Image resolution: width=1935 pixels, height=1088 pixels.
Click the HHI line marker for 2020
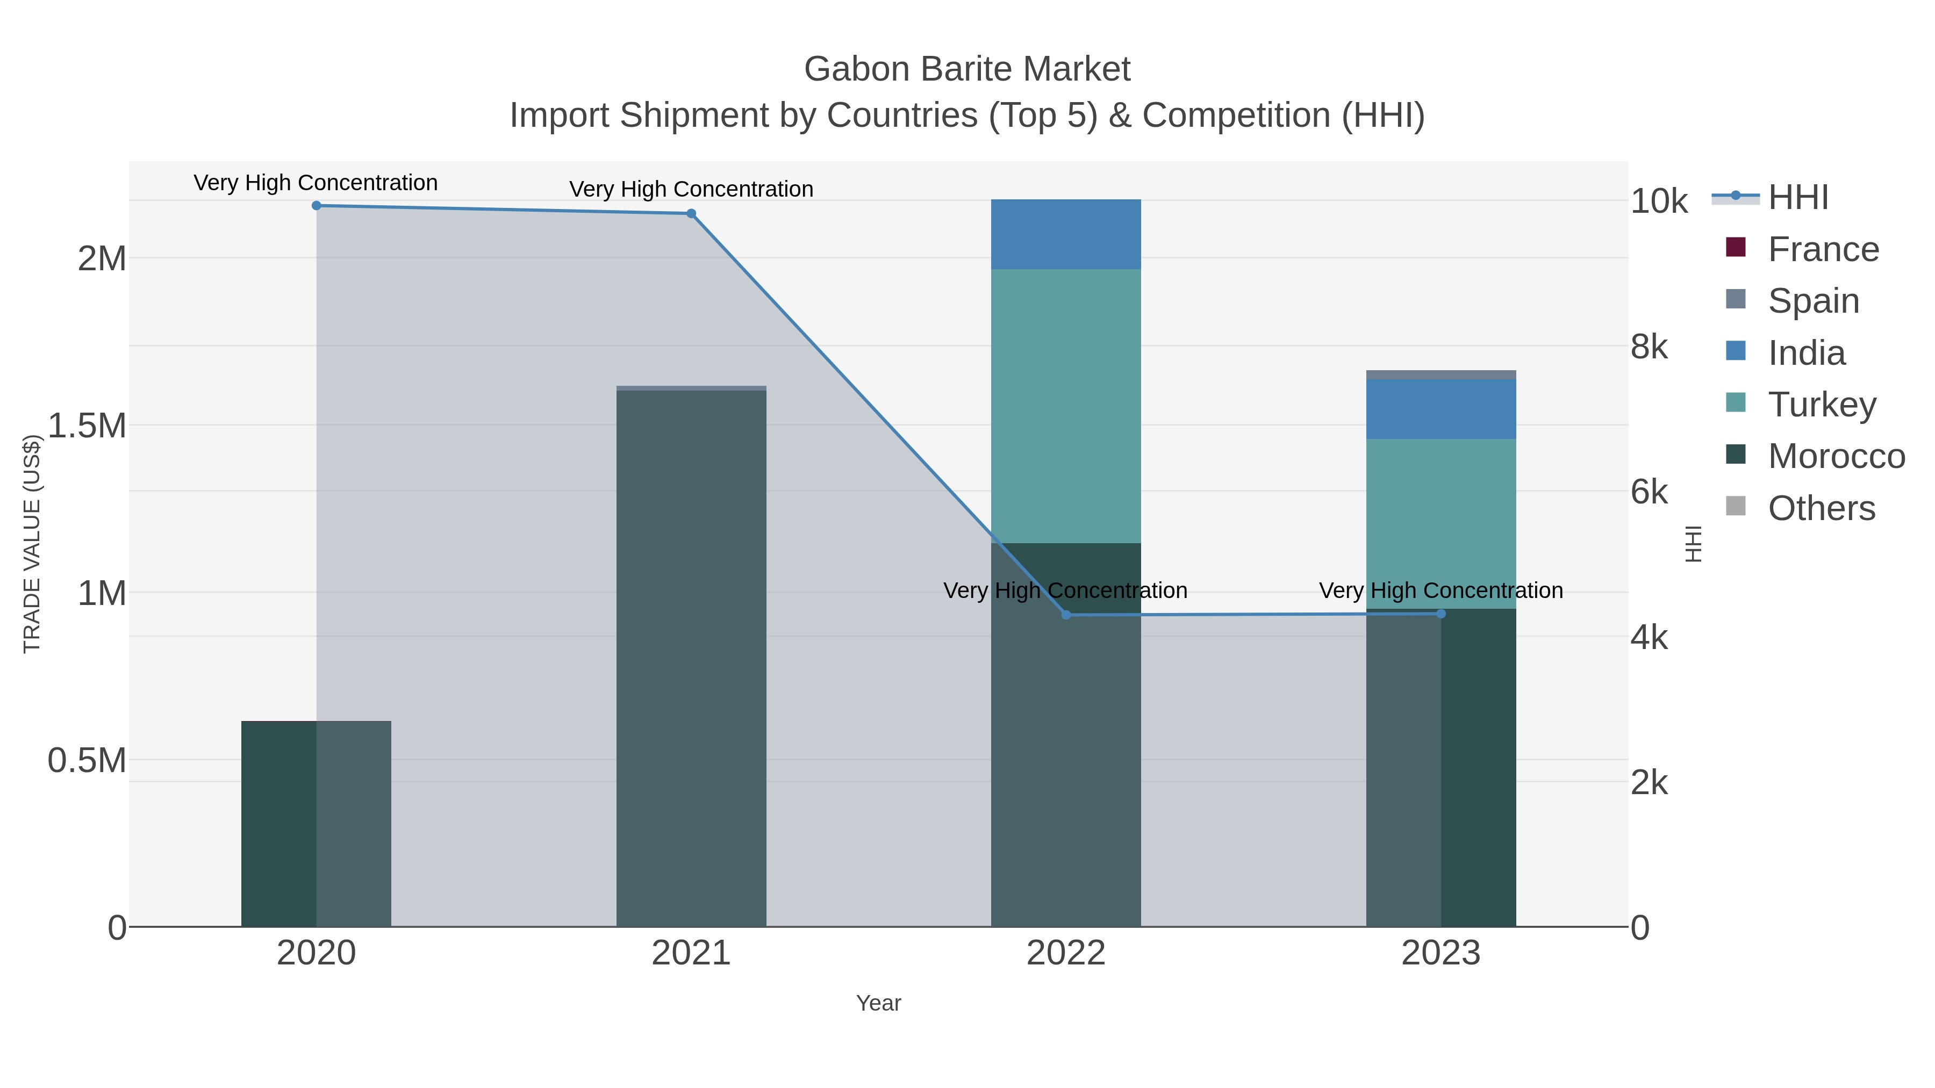pos(316,206)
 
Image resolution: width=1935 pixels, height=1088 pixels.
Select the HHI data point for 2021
pos(691,214)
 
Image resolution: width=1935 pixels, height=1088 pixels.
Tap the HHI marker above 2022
pos(1066,615)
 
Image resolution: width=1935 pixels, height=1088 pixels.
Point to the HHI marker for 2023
pos(1440,614)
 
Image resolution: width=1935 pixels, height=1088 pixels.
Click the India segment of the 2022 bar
pos(1066,234)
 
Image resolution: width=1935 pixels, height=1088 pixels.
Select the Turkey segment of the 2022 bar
pos(1066,406)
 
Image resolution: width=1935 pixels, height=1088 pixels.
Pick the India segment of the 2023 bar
pos(1440,409)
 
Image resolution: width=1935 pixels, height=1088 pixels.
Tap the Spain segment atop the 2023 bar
pos(1440,374)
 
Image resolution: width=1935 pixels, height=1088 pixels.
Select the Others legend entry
pos(1821,508)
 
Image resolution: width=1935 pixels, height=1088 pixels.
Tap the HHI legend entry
pos(1797,198)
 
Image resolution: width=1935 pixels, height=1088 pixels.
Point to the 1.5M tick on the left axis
pos(87,426)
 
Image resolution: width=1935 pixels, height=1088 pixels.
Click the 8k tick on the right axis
pos(1650,347)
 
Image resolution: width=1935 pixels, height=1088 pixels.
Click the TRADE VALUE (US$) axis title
pos(32,544)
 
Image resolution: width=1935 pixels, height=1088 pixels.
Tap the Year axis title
pos(878,1003)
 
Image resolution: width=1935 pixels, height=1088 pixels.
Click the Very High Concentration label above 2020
pos(316,183)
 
